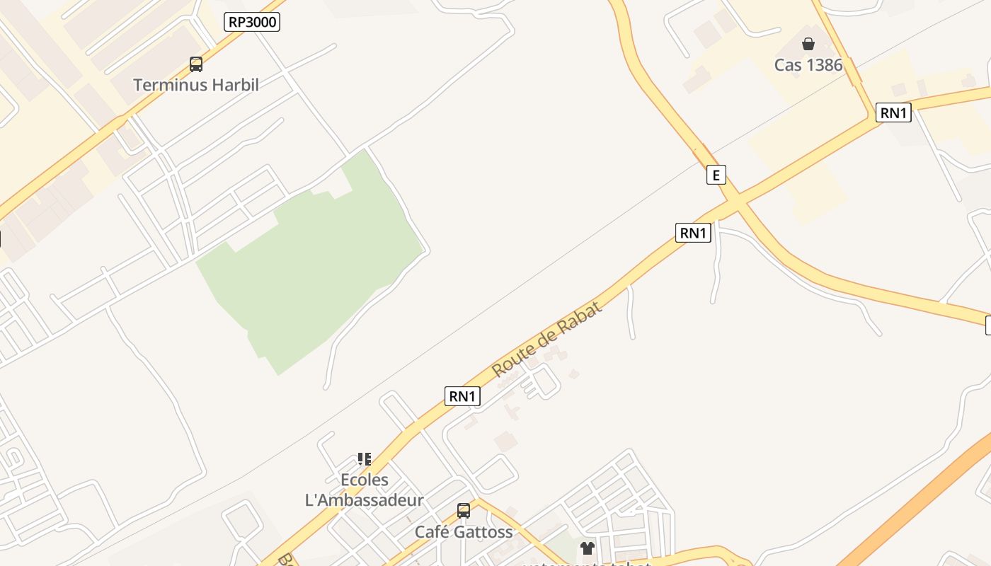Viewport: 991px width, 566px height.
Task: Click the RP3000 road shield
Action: pos(252,22)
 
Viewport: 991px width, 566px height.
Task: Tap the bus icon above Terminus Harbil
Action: pos(196,64)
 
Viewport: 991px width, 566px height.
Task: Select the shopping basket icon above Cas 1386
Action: pos(808,44)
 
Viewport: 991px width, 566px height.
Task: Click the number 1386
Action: pos(824,65)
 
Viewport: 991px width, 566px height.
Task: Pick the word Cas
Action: pos(787,65)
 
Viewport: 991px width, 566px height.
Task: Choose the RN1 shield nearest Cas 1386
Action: pos(893,112)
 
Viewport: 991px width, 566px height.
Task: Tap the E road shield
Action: pos(716,174)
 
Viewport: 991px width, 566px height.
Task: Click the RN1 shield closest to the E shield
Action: pos(692,233)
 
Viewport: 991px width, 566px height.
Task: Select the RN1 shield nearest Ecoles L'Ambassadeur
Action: pos(462,396)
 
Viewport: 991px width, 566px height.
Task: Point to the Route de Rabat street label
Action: pos(546,339)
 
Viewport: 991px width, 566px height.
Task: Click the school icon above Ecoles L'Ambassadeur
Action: pos(365,459)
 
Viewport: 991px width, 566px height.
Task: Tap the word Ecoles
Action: pos(365,480)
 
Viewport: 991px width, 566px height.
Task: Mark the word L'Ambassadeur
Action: pos(364,500)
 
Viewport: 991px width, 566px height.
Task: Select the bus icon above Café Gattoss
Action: pos(464,511)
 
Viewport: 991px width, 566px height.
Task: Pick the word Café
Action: pos(430,532)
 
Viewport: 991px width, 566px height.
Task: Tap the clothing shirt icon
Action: pos(588,548)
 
